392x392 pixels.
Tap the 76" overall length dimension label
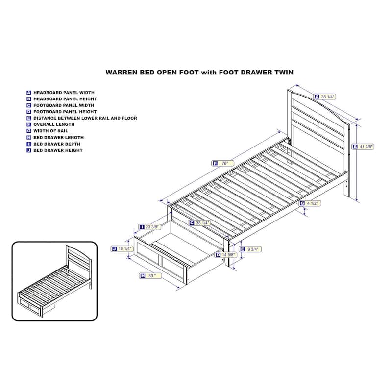point(223,163)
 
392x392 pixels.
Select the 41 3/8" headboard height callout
point(363,147)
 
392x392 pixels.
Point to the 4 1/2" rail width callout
point(310,203)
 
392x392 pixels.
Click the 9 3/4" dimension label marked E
point(250,249)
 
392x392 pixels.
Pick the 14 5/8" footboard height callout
point(226,255)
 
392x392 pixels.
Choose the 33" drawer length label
point(151,276)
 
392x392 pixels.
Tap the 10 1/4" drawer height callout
point(122,249)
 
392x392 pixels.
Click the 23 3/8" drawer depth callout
point(149,227)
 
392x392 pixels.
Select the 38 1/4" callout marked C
point(199,223)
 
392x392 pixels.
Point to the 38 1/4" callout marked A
point(325,97)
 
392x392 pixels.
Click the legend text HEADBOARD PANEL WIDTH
point(64,93)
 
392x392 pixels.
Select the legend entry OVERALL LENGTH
point(54,124)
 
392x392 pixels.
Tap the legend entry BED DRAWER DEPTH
point(57,144)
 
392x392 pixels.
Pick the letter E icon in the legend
point(29,118)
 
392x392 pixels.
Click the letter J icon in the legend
point(29,150)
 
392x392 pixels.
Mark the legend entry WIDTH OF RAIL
point(51,131)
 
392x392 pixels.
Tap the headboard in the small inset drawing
point(79,263)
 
